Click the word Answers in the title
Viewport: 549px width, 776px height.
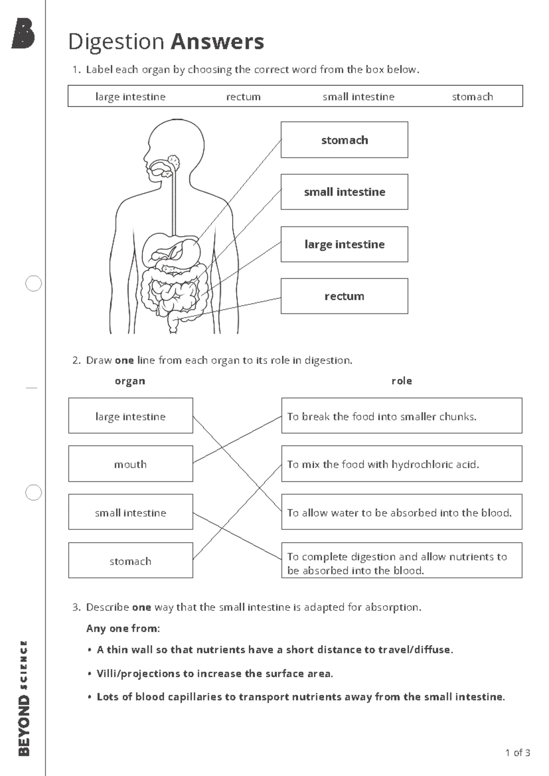pyautogui.click(x=217, y=42)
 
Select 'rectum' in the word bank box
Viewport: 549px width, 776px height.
pyautogui.click(x=243, y=97)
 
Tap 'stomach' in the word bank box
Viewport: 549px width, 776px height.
pyautogui.click(x=472, y=97)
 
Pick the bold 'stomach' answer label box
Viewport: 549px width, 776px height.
pyautogui.click(x=344, y=140)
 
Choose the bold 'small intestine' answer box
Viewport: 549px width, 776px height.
pyautogui.click(x=344, y=192)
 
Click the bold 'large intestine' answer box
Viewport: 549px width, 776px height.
pyautogui.click(x=344, y=244)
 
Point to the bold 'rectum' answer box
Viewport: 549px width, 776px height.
pyautogui.click(x=344, y=296)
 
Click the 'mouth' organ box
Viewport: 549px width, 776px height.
pyautogui.click(x=130, y=464)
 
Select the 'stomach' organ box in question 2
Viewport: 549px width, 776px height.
pyautogui.click(x=130, y=560)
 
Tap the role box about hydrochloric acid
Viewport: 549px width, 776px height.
pyautogui.click(x=401, y=464)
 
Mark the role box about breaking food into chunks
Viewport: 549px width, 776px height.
pyautogui.click(x=401, y=416)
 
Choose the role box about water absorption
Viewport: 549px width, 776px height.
pyautogui.click(x=401, y=512)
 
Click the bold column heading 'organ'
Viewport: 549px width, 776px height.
pyautogui.click(x=130, y=381)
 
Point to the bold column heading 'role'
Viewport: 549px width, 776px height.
pyautogui.click(x=402, y=381)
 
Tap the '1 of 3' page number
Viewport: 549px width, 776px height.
pyautogui.click(x=517, y=753)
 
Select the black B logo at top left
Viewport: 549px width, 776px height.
pyautogui.click(x=23, y=33)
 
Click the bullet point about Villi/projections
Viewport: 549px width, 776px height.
pyautogui.click(x=214, y=674)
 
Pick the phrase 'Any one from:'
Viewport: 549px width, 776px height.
pyautogui.click(x=123, y=629)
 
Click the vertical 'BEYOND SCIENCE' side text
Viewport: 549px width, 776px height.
pyautogui.click(x=24, y=698)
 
